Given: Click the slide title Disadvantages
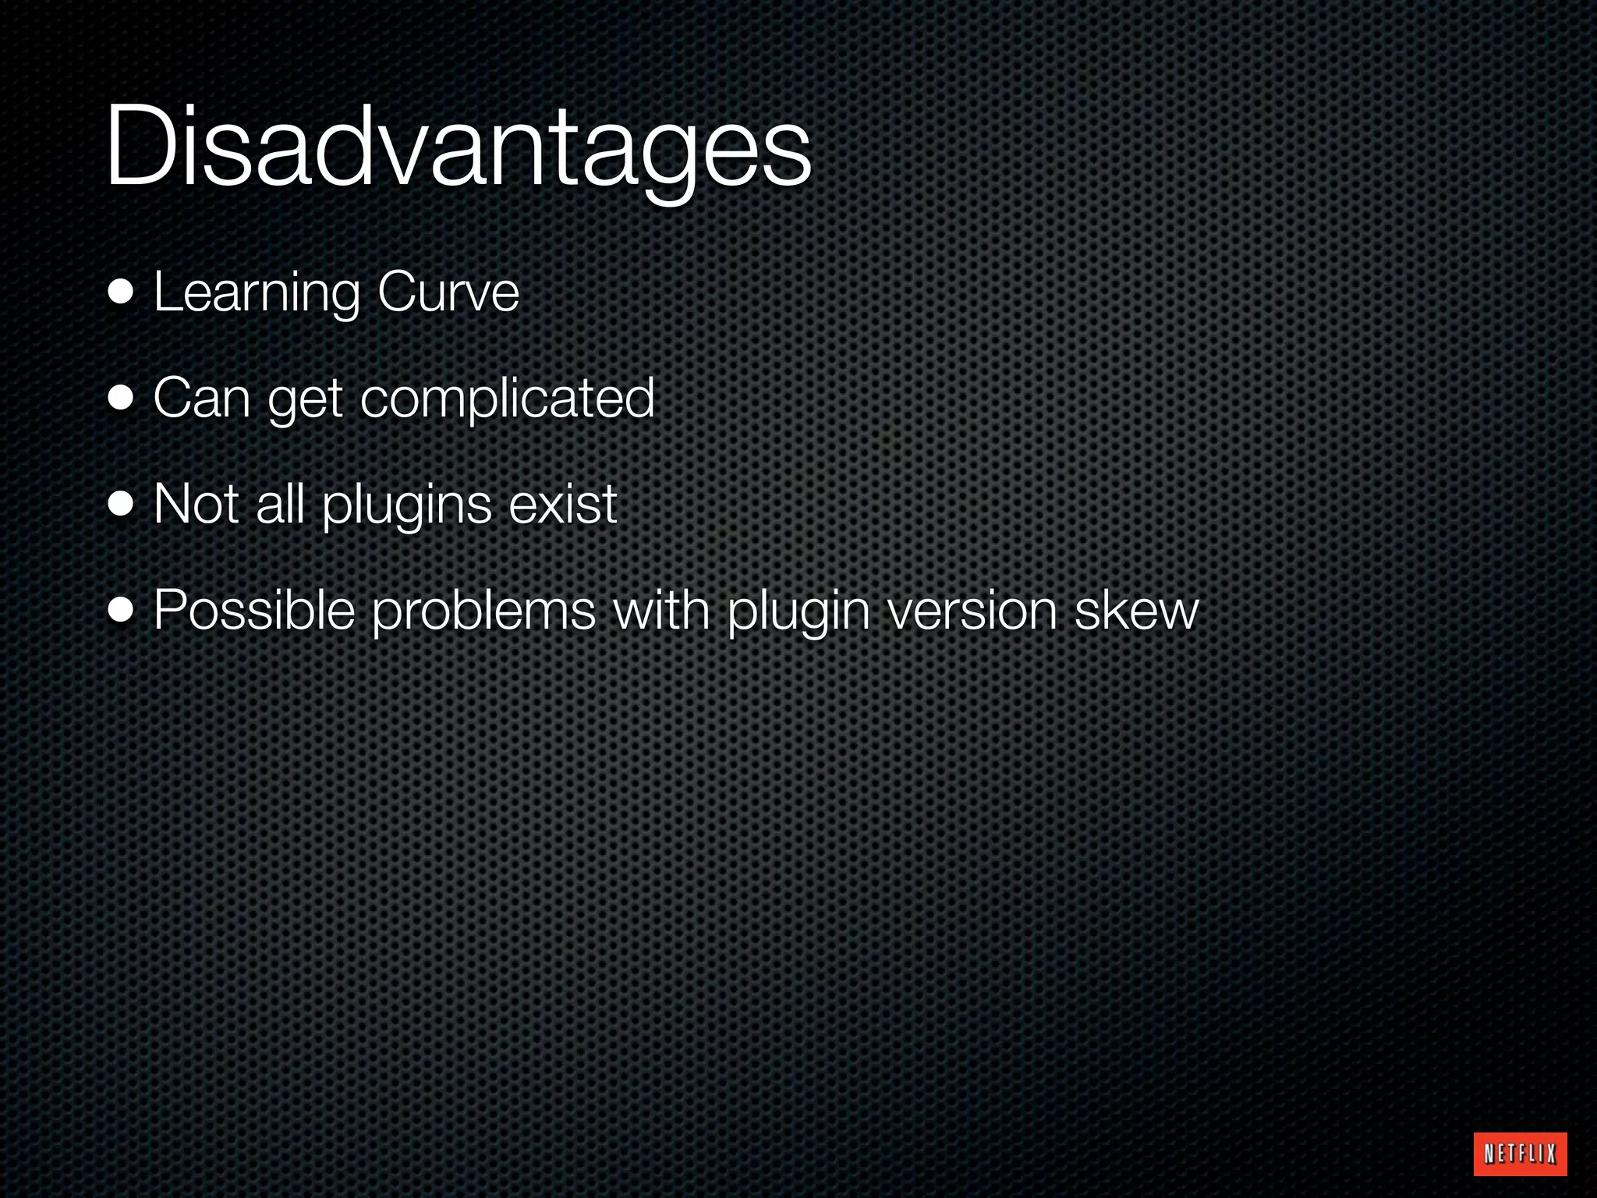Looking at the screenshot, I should click(459, 148).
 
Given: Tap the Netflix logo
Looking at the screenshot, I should click(1521, 1154).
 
